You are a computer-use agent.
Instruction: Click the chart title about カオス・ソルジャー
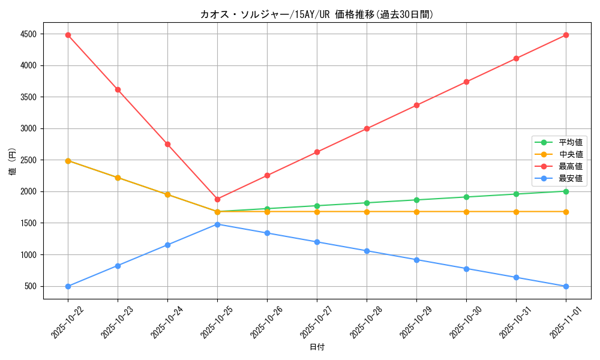point(317,14)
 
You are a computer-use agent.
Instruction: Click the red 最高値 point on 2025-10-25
point(217,199)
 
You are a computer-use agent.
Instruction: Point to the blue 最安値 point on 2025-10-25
point(217,224)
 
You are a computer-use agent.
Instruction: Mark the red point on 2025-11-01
point(566,35)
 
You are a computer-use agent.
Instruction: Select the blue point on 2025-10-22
point(68,286)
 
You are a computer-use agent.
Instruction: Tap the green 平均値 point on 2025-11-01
point(566,191)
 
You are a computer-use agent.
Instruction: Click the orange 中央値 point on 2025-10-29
point(416,212)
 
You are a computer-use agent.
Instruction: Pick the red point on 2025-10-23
point(118,89)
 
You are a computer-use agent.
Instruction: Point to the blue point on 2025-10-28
point(367,251)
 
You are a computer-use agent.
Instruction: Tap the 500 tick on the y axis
point(31,286)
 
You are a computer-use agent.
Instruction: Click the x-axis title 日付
point(317,347)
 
